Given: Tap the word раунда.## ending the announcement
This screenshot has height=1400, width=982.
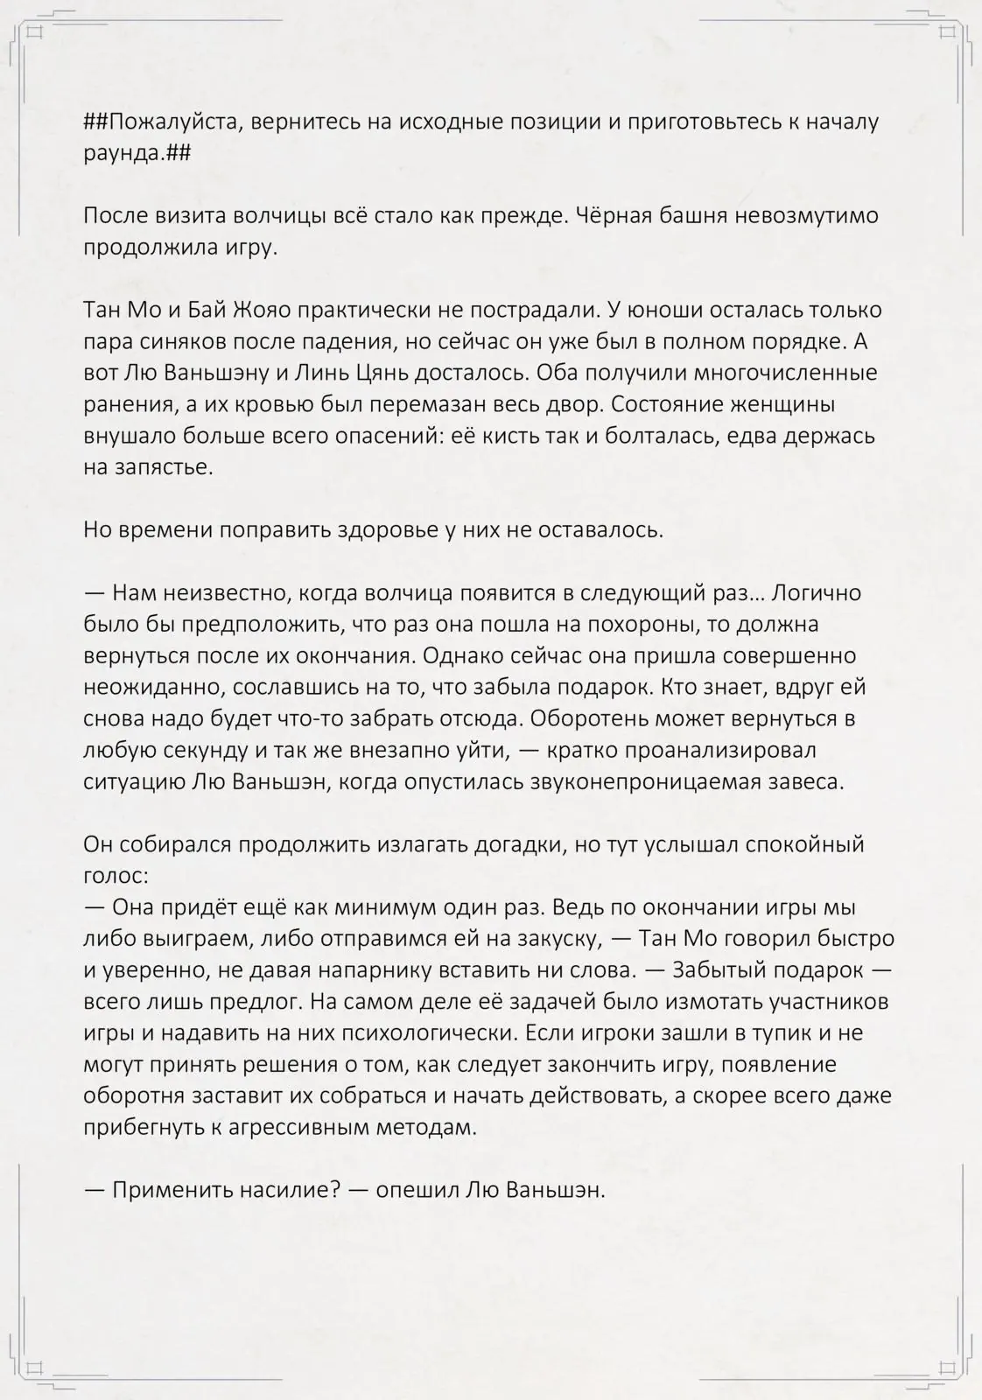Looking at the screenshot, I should (x=137, y=152).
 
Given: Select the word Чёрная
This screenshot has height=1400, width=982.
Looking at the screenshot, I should (x=615, y=214).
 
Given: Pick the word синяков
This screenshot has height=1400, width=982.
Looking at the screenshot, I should (x=198, y=341).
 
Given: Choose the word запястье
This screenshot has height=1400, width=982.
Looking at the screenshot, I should (x=162, y=467).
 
